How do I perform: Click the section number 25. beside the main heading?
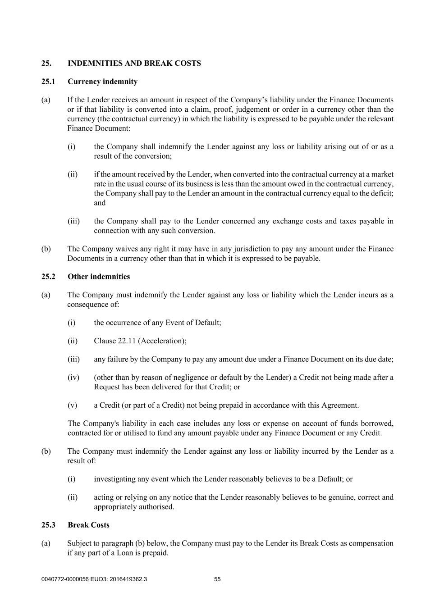[x=46, y=63]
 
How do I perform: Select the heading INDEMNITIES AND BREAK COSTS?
[x=134, y=63]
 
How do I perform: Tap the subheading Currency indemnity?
[x=103, y=82]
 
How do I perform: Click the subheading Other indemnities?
[x=99, y=277]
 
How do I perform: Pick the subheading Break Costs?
[x=89, y=525]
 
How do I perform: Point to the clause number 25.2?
[x=48, y=277]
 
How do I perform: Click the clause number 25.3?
[x=48, y=525]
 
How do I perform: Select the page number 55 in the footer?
[x=217, y=579]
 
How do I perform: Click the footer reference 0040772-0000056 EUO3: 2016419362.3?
[x=94, y=579]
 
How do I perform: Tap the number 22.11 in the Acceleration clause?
[x=127, y=341]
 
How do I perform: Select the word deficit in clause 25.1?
[x=381, y=193]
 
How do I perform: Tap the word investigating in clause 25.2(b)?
[x=114, y=479]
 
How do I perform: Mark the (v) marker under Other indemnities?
[x=72, y=405]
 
